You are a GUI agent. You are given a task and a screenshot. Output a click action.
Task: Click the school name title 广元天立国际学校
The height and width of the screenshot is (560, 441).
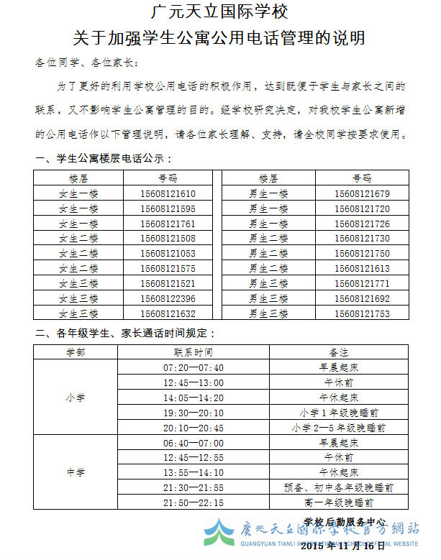pos(220,12)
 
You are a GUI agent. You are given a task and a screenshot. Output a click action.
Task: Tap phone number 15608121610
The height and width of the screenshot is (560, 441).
pos(168,194)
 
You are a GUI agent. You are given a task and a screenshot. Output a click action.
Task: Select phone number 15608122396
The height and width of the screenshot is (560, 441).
pos(168,298)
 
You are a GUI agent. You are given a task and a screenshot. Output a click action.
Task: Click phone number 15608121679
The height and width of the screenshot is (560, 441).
pos(362,194)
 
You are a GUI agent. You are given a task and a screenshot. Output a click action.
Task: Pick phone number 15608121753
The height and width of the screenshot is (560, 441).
pos(362,313)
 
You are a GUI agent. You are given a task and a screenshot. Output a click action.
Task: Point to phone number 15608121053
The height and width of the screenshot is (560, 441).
pos(168,254)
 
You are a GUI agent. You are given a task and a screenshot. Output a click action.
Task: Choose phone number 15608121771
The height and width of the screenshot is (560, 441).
pos(362,283)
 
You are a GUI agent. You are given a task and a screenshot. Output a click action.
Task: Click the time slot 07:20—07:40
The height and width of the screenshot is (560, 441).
pos(193,368)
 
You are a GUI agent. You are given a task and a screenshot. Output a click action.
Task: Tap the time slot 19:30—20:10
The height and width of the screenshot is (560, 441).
pos(193,413)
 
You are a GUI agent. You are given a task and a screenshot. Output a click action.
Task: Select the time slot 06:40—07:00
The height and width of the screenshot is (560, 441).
pos(193,443)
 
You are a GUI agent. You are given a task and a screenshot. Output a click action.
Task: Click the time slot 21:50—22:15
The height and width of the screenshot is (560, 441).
pos(193,502)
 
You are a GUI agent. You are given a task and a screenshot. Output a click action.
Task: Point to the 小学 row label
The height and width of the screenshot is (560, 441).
pos(75,398)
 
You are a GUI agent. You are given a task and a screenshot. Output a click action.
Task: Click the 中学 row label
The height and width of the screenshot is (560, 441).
pos(75,472)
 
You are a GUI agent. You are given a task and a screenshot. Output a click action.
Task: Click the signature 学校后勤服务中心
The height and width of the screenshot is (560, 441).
pos(345,522)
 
